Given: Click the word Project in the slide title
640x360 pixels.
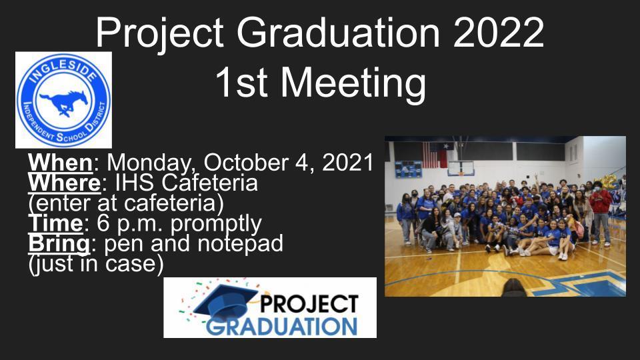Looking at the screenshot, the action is coord(159,33).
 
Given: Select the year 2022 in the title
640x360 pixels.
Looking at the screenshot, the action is coord(499,33).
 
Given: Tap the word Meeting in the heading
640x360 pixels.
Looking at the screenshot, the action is coord(353,84).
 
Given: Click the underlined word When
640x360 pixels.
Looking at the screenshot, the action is coord(61,163).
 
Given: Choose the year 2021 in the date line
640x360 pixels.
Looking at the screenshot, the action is coord(348,163).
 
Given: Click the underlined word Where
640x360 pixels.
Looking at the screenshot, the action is coord(64,183).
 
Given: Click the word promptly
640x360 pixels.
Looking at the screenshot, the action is coord(216,225).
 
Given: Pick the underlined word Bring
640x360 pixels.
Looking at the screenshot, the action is coord(59,244).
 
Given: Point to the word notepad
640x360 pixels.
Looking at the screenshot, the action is coord(240,244).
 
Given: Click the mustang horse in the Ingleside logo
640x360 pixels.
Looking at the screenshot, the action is coord(64,102).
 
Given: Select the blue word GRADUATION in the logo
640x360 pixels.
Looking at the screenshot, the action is coord(281,327).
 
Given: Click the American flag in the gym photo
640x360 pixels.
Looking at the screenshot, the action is coord(430,155).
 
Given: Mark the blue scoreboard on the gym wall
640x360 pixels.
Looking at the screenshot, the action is coord(408,169).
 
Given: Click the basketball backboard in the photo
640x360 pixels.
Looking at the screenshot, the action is coord(461,168).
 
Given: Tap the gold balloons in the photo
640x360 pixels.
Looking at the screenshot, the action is coord(609,181).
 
